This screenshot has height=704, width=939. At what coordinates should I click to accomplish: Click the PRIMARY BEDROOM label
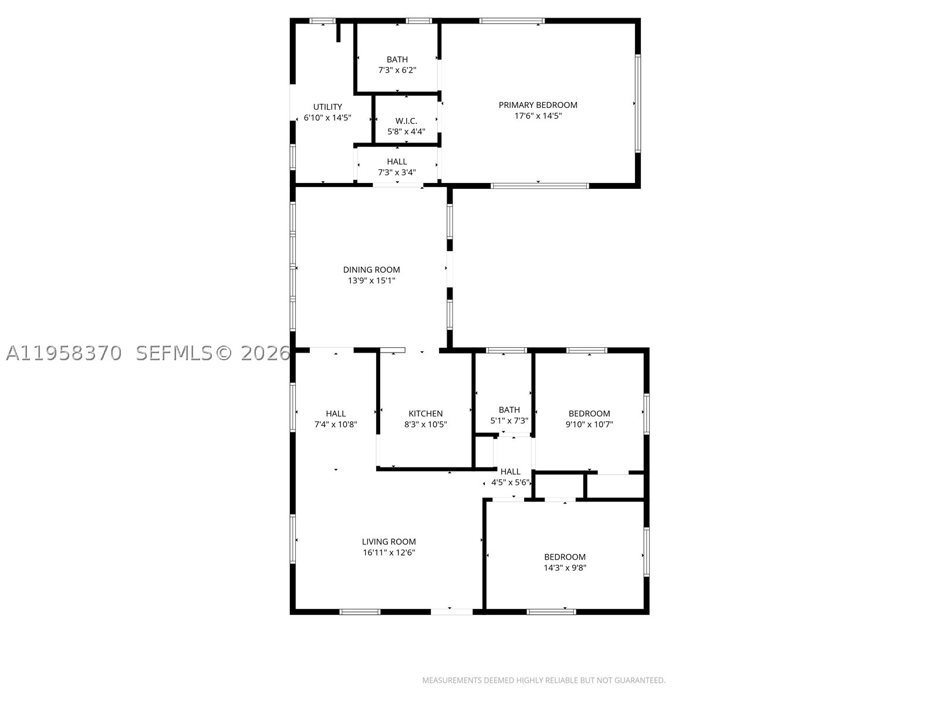point(538,105)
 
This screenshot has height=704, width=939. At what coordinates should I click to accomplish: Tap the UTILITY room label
point(327,107)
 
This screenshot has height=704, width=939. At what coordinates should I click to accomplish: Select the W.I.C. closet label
point(406,121)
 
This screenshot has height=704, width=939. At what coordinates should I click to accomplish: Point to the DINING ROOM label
point(371,270)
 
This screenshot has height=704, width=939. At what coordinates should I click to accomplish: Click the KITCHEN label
point(425,414)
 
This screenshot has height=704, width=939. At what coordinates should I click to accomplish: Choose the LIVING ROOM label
point(389,541)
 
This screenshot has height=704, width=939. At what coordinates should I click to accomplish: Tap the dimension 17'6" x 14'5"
point(538,116)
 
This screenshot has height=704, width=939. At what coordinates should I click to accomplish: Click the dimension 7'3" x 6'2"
point(397,70)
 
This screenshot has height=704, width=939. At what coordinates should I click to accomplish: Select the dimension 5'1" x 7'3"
point(509,421)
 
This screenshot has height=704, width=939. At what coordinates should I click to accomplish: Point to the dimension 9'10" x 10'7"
point(589,424)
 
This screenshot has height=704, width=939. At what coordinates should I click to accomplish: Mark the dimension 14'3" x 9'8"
point(565,568)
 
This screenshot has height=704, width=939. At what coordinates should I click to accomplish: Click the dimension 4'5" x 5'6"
point(511,483)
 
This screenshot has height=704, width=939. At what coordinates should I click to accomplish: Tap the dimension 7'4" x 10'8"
point(336,424)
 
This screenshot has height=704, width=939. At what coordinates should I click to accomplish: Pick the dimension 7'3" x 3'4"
point(397,172)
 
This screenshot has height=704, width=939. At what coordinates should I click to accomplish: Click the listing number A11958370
point(64,353)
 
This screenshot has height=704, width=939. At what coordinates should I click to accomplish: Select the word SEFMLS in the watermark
point(174,353)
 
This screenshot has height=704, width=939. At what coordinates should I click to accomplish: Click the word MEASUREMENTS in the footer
point(452,680)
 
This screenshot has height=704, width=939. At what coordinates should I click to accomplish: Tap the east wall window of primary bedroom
point(637,103)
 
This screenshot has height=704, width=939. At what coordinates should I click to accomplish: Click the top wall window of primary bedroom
point(512,21)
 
